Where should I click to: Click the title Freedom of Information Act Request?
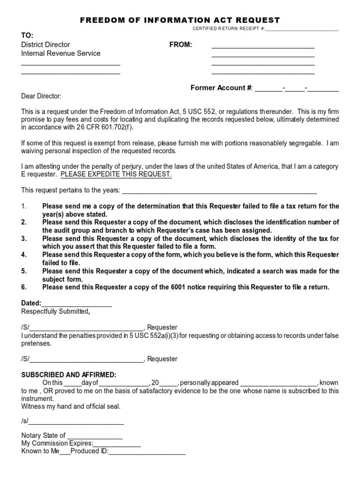pos(180,20)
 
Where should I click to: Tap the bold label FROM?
pos(180,45)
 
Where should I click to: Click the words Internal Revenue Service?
pos(60,53)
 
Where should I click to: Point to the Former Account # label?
pos(221,88)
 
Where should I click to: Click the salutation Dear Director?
pos(41,96)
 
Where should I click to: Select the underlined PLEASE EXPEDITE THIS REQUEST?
pos(116,174)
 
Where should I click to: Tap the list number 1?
pos(24,206)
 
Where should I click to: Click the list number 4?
pos(24,255)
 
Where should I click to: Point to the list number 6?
pos(24,287)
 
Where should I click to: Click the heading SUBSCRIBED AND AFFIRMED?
pos(69,375)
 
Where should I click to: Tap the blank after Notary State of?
pos(95,436)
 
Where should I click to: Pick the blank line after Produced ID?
pos(147,452)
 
